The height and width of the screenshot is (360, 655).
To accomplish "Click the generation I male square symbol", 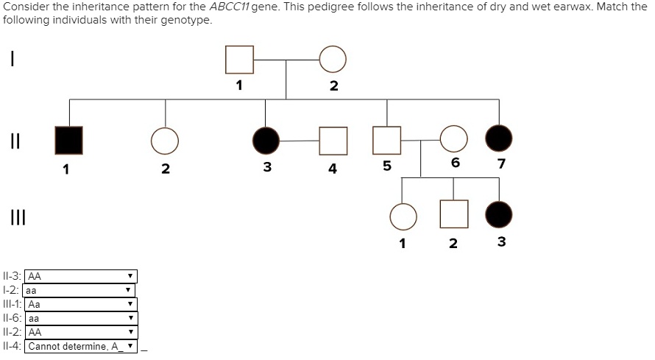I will point(239,60).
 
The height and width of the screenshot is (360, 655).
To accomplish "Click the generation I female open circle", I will point(333,60).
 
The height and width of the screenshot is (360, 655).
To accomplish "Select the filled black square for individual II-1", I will point(69,140).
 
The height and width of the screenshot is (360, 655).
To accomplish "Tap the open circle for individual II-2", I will point(165,140).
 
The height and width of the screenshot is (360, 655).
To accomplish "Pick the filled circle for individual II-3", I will point(266,140).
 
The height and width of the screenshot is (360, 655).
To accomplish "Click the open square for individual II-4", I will point(333,140).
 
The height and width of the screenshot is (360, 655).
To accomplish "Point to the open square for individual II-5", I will point(387,140).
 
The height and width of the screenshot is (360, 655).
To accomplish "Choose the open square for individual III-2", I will point(453,214).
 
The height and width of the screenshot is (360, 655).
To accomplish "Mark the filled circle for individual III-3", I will point(500,214).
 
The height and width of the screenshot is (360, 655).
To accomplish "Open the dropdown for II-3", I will point(81,277).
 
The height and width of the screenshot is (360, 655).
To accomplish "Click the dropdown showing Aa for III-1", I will point(81,304).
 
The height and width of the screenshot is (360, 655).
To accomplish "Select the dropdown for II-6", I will point(81,319).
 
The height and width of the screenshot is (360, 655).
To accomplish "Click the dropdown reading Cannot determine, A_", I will point(81,347).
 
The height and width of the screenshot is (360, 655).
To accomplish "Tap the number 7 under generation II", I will point(501,163).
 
